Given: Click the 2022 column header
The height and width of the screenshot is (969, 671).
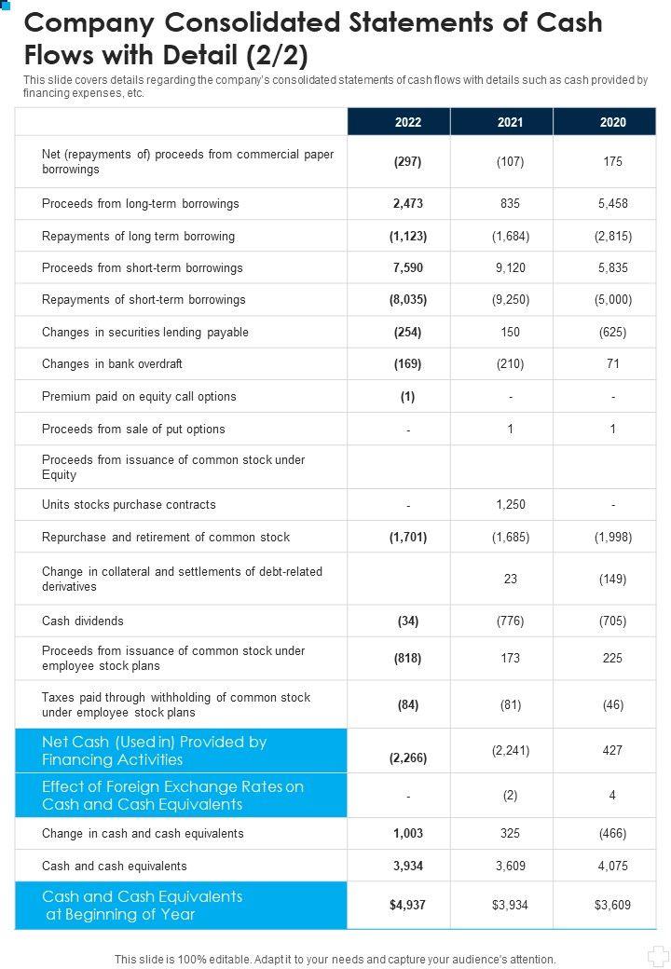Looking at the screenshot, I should point(408,122).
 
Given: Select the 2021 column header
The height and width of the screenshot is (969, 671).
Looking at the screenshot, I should point(510,122).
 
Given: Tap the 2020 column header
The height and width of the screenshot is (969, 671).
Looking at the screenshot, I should point(613,122).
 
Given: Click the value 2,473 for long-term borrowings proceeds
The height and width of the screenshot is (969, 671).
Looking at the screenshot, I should point(408,203).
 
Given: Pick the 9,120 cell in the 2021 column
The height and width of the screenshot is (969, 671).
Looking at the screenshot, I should point(510,267).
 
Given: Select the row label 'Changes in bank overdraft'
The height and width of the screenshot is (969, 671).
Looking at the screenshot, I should point(112,364).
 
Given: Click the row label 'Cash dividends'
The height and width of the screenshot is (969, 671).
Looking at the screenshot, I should point(83,621).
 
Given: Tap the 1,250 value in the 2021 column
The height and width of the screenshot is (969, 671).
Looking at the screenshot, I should point(510,505).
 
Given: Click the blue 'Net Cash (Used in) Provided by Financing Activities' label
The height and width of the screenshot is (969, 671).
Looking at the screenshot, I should point(155,751).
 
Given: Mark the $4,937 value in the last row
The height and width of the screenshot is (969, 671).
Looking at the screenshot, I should point(408,905).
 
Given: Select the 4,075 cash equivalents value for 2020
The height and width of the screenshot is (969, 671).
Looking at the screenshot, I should point(613,866).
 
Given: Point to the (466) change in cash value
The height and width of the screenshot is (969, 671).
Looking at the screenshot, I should point(613,834).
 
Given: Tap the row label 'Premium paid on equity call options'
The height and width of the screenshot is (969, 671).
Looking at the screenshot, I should point(139,397).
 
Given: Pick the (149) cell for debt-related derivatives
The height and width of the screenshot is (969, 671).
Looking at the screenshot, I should point(613,580).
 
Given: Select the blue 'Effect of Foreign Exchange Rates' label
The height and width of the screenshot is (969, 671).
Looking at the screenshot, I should point(172,796).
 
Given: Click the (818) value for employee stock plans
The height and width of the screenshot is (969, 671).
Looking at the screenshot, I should point(408,659).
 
